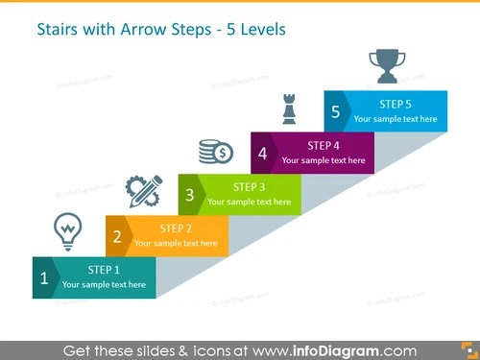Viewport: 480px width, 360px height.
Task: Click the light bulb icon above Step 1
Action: tap(67, 230)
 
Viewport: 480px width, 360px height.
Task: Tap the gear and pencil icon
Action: tap(143, 190)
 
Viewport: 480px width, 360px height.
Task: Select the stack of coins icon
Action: tap(215, 151)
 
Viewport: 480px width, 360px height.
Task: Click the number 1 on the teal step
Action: tap(44, 281)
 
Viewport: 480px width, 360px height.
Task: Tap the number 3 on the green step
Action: tap(190, 196)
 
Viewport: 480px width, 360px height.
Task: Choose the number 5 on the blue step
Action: tap(335, 112)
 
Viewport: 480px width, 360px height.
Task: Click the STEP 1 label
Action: tap(104, 270)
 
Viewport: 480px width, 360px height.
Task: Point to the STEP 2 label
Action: tap(177, 228)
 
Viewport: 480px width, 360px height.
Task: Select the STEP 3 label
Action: tap(250, 186)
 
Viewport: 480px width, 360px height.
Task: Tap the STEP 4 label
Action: tap(323, 145)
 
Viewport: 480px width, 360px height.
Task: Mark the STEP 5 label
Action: tap(396, 104)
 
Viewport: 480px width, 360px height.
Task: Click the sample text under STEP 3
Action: tap(250, 202)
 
